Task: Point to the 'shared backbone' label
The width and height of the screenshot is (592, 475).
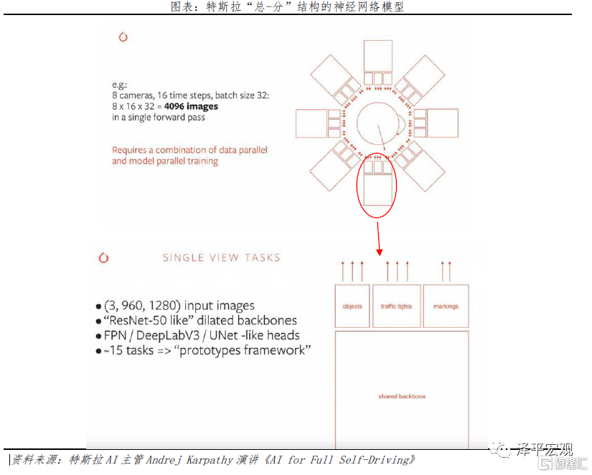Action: (402, 396)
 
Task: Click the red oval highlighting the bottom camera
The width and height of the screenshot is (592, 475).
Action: (357, 185)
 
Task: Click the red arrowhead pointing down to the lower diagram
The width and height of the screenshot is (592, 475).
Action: (380, 253)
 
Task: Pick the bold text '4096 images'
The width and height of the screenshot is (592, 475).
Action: (191, 106)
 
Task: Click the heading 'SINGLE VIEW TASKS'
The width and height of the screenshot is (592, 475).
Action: (222, 258)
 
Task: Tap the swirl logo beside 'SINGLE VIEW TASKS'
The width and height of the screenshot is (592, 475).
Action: (103, 258)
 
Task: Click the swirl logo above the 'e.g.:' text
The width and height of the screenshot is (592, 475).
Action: (123, 37)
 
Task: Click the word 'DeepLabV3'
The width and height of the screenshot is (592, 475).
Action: (168, 335)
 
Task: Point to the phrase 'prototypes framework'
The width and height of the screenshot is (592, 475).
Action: (242, 350)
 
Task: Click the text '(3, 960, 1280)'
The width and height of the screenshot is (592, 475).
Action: (143, 306)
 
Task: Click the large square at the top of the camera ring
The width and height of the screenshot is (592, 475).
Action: (378, 55)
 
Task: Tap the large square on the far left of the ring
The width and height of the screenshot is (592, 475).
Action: (311, 123)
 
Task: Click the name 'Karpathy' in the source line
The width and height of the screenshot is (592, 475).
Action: (210, 460)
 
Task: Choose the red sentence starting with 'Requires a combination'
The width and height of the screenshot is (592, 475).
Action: (189, 156)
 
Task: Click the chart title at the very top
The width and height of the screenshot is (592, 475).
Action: (287, 6)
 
